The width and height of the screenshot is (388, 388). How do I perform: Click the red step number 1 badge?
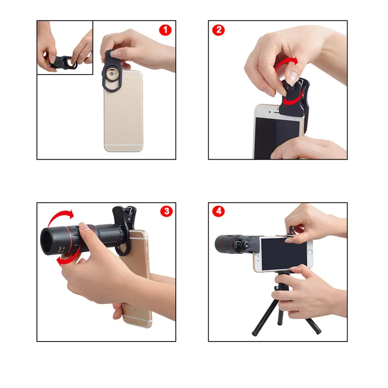165,30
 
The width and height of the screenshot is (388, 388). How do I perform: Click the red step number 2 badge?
218,30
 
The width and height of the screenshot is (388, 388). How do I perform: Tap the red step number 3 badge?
166,211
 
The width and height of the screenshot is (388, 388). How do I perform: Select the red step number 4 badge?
218,211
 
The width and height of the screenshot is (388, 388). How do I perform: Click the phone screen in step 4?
283,252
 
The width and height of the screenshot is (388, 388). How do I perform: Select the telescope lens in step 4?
221,244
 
